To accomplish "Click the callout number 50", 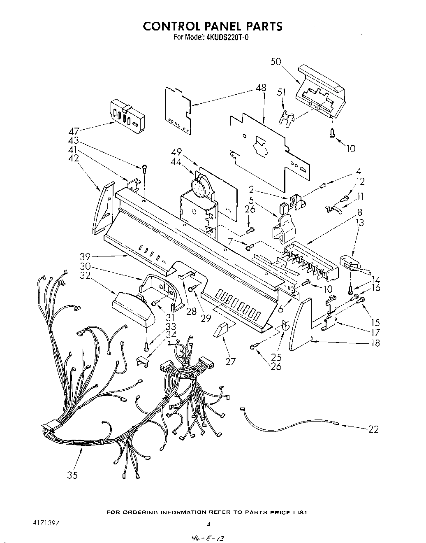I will [x=276, y=62].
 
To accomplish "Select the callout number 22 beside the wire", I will [x=373, y=429].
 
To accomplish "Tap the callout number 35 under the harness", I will [x=72, y=475].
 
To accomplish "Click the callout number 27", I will [x=230, y=361].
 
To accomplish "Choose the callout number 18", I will [x=375, y=343].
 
